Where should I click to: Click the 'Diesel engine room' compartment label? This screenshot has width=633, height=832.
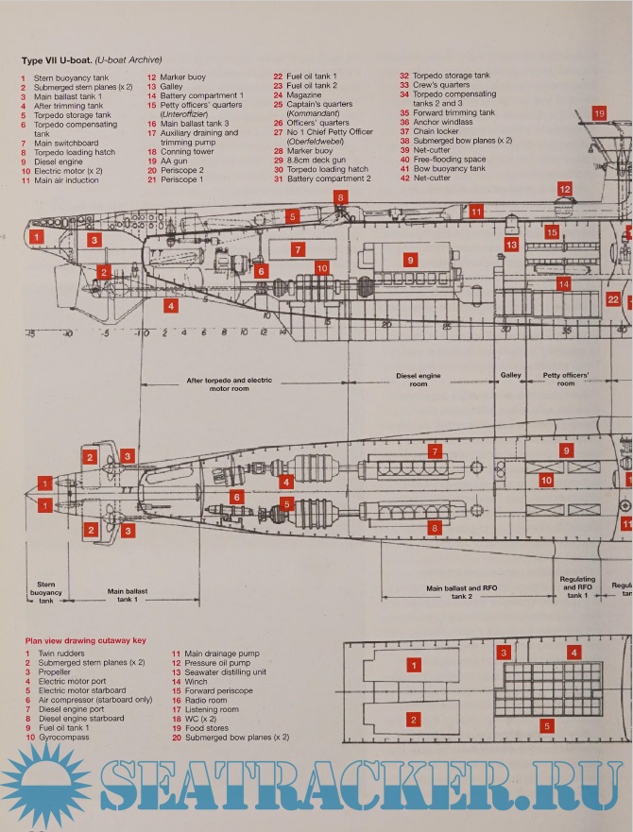click(x=418, y=380)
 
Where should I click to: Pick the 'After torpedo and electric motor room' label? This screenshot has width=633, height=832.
click(x=229, y=384)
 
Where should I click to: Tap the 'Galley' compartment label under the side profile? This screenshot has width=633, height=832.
click(x=510, y=375)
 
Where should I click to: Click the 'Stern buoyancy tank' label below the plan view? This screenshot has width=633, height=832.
click(x=46, y=592)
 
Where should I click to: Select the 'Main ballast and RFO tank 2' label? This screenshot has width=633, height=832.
click(x=461, y=592)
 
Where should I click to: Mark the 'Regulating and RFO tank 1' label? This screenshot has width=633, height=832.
click(x=577, y=587)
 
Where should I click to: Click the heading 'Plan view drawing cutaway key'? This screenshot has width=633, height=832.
click(x=81, y=639)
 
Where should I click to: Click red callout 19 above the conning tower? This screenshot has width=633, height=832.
click(x=600, y=112)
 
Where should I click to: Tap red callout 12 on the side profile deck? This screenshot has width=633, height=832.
click(x=564, y=190)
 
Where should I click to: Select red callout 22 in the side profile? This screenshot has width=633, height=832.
click(x=613, y=299)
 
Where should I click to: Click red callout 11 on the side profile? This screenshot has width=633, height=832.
click(x=476, y=212)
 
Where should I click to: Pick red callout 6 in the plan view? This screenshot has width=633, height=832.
click(x=238, y=496)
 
